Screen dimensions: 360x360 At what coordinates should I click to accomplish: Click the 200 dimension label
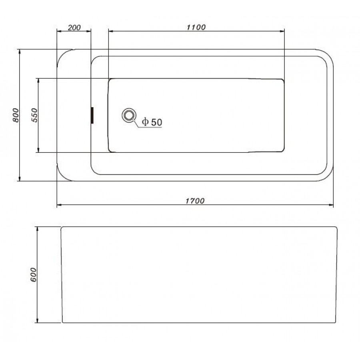74,28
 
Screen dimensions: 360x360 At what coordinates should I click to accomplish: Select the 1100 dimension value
196,27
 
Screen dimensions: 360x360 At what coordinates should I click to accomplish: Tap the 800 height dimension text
16,115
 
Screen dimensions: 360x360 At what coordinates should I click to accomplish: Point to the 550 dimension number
34,115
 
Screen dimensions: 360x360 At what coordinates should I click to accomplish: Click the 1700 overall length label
195,201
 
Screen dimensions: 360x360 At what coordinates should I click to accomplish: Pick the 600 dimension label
33,274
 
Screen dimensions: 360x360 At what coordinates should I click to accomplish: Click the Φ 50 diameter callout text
152,122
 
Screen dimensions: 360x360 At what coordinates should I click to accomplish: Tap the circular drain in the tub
129,115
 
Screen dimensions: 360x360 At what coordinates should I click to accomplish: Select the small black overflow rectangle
92,115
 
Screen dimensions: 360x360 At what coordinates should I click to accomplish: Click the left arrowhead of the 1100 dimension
111,31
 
